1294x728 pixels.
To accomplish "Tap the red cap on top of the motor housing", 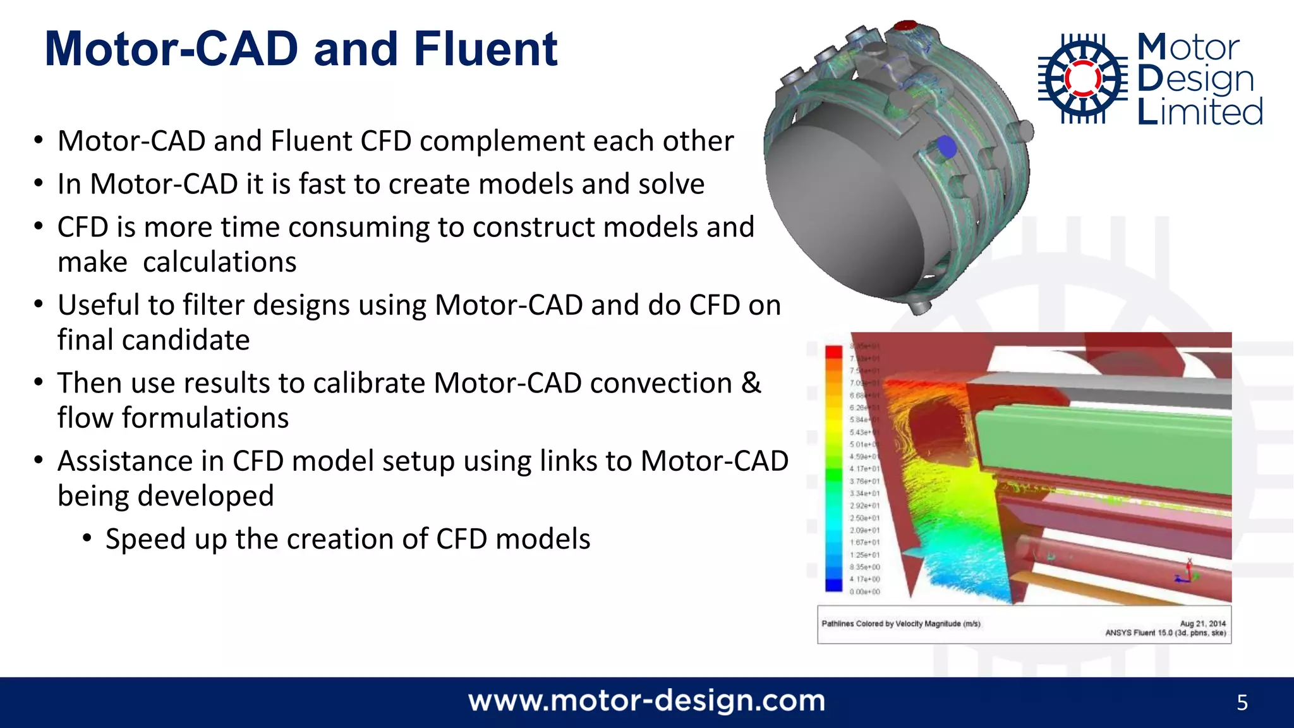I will (905, 26).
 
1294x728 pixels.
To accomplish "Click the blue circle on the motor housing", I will (946, 147).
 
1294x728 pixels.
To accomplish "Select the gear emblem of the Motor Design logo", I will (1083, 78).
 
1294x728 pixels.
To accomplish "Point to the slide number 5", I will (1242, 703).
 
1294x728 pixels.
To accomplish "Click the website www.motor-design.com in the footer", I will (646, 701).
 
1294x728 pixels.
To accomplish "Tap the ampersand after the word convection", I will (751, 383).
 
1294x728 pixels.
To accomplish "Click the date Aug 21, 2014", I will (1202, 623).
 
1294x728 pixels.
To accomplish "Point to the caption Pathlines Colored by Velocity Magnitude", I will (900, 624).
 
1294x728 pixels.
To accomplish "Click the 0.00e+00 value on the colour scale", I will (864, 591).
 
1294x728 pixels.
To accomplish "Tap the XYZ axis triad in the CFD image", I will (1187, 572).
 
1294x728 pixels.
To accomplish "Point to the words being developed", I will (166, 495).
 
